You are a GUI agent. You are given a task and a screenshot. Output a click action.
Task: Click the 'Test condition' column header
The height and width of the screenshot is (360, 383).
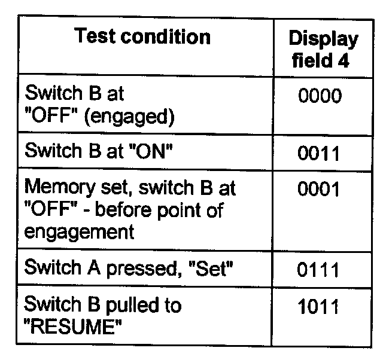pos(143,37)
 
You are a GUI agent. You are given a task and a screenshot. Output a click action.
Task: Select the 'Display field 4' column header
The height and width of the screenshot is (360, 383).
pos(324,50)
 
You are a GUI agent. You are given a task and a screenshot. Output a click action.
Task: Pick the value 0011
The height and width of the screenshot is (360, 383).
pos(319,153)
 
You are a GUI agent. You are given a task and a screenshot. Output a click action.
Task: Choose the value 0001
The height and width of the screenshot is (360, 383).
pos(319,190)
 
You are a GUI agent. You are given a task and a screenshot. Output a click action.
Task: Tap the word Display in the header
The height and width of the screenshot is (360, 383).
pos(324,39)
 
